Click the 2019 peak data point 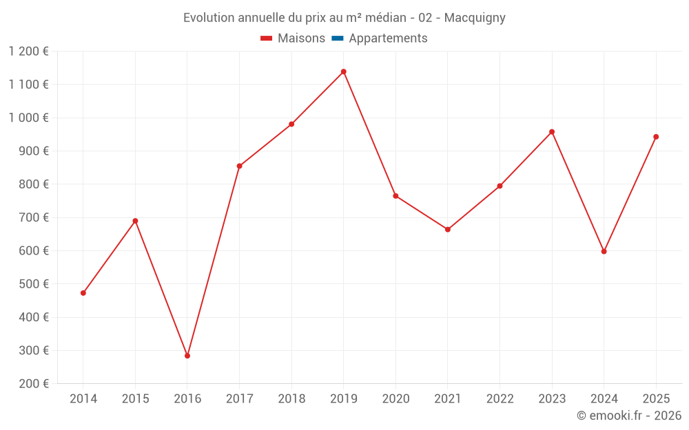[343, 72]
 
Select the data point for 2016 [187, 356]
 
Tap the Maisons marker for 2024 [604, 251]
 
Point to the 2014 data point [83, 293]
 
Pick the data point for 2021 [448, 229]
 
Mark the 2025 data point [656, 137]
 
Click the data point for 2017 [239, 166]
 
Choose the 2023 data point [552, 131]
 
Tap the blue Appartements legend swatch [338, 39]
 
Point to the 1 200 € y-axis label [29, 51]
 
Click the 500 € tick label [33, 284]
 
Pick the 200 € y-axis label [33, 384]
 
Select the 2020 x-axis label [395, 398]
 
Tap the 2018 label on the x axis [291, 398]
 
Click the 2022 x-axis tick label [500, 398]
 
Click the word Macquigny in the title [475, 18]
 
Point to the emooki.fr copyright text [629, 416]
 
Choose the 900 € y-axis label [33, 151]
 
